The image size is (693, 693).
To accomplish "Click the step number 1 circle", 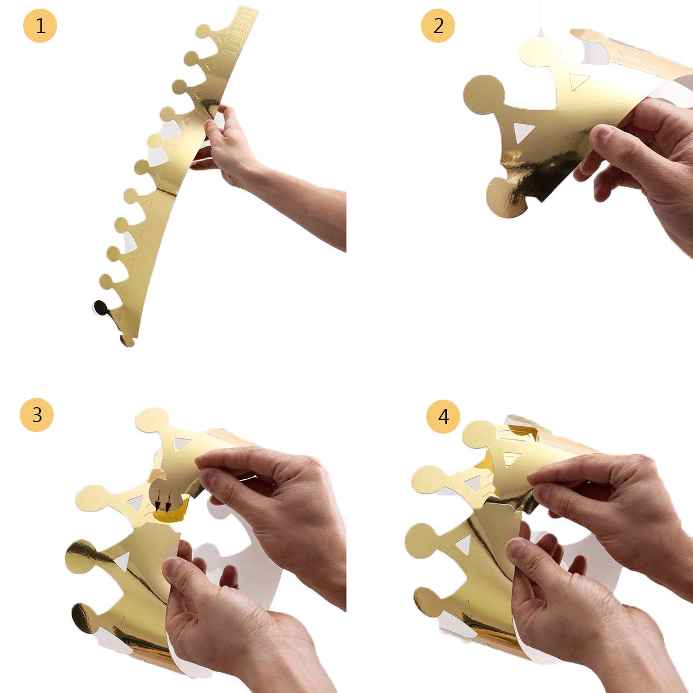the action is tap(40, 25).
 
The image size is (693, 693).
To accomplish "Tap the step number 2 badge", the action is tap(438, 25).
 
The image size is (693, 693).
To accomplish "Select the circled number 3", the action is tap(37, 415).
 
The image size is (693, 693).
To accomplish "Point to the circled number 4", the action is tap(443, 417).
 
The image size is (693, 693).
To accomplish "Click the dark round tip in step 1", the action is tap(100, 308).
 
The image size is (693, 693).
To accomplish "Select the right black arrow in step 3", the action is tap(167, 503).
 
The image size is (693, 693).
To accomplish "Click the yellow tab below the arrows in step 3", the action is tap(172, 511).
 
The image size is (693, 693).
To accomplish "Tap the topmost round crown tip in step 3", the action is tap(152, 419).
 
